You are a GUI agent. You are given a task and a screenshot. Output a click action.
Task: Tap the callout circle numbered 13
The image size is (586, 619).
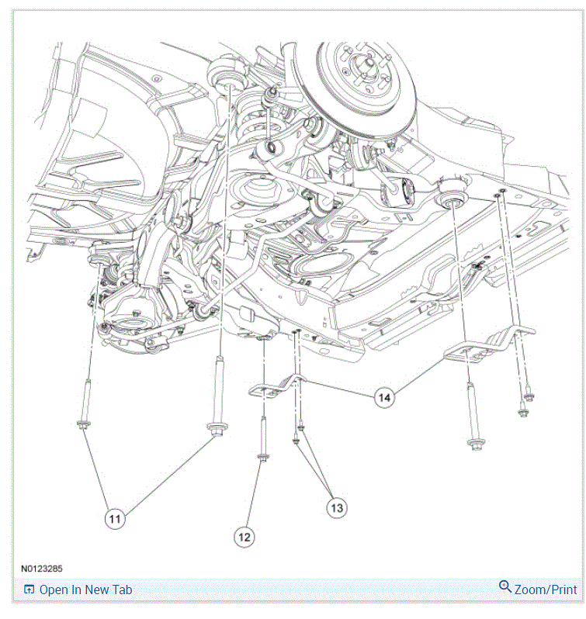pyautogui.click(x=336, y=507)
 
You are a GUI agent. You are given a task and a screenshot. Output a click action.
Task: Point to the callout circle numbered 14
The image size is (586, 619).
pyautogui.click(x=383, y=397)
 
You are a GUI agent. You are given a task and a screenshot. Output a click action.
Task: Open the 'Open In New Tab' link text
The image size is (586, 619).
pyautogui.click(x=85, y=590)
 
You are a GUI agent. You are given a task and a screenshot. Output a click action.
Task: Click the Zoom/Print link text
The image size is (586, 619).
pyautogui.click(x=545, y=590)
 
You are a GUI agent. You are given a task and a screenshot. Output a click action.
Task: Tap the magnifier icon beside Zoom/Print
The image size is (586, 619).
pyautogui.click(x=505, y=587)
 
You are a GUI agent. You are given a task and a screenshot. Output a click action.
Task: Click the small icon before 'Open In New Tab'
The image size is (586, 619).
pyautogui.click(x=29, y=590)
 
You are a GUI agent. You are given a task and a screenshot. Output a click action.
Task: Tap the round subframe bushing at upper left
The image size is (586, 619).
pyautogui.click(x=226, y=74)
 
